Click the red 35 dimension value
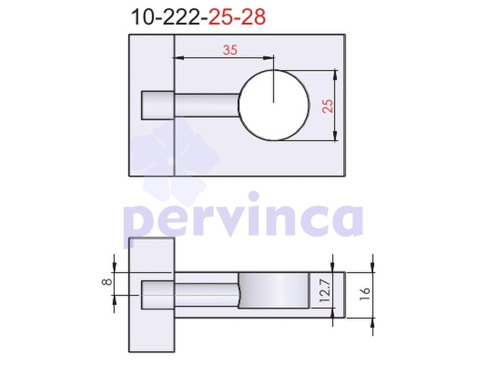[x=230, y=50]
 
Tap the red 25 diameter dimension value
[x=327, y=106]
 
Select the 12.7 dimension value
[x=324, y=290]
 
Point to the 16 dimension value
[x=364, y=294]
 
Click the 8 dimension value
[x=107, y=282]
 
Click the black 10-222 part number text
[x=166, y=17]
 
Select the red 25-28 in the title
[x=237, y=17]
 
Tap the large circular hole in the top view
[x=274, y=105]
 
